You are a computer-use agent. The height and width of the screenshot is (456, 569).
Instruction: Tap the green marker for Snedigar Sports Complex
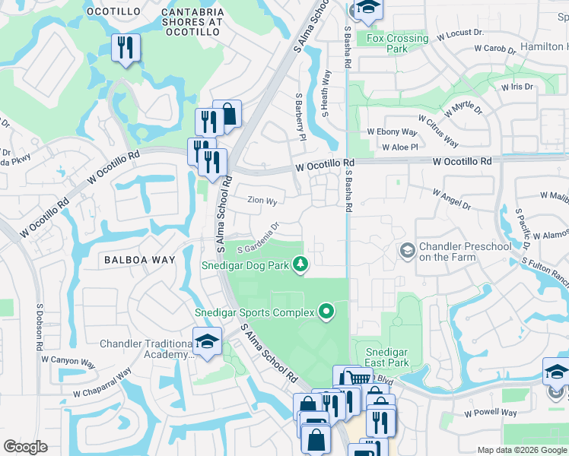[326, 312]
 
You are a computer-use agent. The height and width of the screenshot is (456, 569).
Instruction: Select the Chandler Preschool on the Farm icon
[408, 250]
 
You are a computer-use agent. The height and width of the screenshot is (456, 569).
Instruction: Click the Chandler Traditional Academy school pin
[206, 341]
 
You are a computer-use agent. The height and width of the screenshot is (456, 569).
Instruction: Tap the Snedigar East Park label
[387, 357]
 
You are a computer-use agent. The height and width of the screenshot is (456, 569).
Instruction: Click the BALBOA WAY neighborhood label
[140, 260]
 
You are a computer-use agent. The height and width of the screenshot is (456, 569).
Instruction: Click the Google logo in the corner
[25, 447]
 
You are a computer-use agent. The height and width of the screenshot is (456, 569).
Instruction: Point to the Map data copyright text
[522, 450]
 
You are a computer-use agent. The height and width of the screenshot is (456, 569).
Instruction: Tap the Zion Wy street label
[262, 201]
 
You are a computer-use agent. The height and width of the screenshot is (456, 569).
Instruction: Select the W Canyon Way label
[68, 362]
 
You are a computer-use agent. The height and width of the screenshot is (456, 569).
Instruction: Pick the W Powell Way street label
[491, 413]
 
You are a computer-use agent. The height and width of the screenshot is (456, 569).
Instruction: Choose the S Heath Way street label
[326, 94]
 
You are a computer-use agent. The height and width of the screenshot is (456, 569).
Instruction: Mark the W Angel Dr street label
[452, 200]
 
